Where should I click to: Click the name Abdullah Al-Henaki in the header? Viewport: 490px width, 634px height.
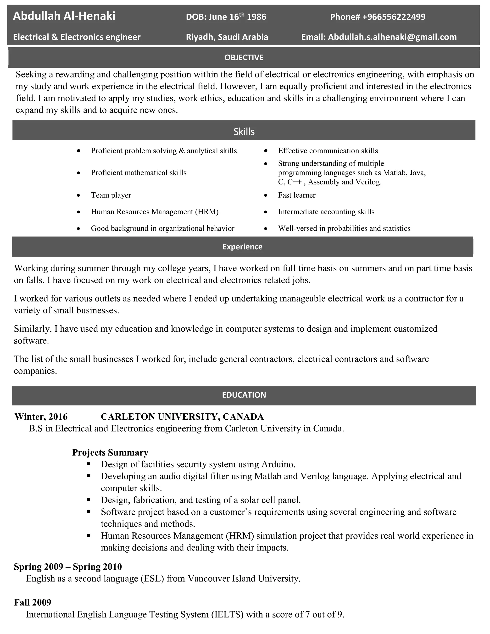tap(64, 16)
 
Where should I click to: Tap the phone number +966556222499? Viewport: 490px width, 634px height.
tap(394, 17)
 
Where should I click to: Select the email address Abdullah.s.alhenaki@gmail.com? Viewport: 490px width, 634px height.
tap(392, 37)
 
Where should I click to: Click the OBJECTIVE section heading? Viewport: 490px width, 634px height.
tap(244, 57)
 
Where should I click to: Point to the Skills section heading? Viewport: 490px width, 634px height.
tap(244, 132)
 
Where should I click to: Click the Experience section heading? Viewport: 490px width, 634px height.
tap(242, 247)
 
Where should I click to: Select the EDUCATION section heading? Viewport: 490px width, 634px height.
tap(244, 395)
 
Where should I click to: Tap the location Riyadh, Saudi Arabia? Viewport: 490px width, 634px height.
tap(227, 37)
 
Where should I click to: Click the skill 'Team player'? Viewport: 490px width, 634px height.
tap(111, 195)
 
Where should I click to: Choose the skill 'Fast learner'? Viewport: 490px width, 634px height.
tap(297, 195)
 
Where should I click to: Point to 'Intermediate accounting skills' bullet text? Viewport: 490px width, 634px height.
tap(326, 212)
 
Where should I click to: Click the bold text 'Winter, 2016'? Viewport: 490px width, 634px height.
tap(41, 417)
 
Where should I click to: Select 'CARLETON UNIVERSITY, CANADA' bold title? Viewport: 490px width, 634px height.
tap(182, 417)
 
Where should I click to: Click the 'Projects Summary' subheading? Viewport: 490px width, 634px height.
tap(110, 453)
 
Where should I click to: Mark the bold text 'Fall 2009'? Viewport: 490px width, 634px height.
tap(33, 602)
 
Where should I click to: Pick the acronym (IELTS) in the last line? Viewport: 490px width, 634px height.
tap(227, 615)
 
